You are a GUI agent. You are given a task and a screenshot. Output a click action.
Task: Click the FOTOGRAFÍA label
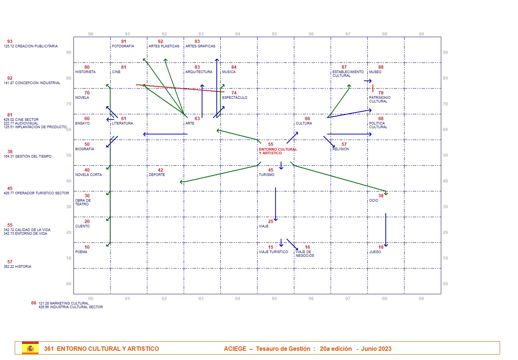coord(123,46)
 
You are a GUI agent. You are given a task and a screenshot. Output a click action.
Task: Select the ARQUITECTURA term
coord(199,72)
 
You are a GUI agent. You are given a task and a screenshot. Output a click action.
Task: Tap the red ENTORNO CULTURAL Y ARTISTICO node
coord(277,151)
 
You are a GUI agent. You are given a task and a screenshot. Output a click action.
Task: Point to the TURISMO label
coord(267,175)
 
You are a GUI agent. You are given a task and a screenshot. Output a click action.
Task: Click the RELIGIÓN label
coord(341,149)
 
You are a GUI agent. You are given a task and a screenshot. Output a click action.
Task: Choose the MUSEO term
coord(375,72)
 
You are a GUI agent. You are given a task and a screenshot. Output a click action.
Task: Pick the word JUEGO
coord(375,252)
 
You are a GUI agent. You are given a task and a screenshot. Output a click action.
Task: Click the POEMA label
coord(81,252)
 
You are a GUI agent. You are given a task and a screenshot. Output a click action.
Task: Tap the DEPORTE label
coord(157,175)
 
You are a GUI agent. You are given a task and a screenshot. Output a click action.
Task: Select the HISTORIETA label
coord(85,72)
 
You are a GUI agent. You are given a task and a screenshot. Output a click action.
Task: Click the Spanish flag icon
coord(30,348)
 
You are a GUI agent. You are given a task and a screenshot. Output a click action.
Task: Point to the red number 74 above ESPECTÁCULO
coord(234,93)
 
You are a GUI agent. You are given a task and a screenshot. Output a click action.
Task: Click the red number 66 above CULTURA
coord(307,119)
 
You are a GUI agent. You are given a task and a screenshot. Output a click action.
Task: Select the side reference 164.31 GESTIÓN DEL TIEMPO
coord(28,156)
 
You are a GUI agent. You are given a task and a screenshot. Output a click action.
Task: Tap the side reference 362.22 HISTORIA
coord(17,267)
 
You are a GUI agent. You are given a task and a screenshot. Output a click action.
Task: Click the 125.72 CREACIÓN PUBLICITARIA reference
coord(30,46)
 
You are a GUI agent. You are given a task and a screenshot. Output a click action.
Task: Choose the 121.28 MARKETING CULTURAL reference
coord(64,303)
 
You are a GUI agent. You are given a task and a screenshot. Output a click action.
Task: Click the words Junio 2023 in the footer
coord(376,349)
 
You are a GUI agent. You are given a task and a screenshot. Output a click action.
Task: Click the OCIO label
coord(374,201)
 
